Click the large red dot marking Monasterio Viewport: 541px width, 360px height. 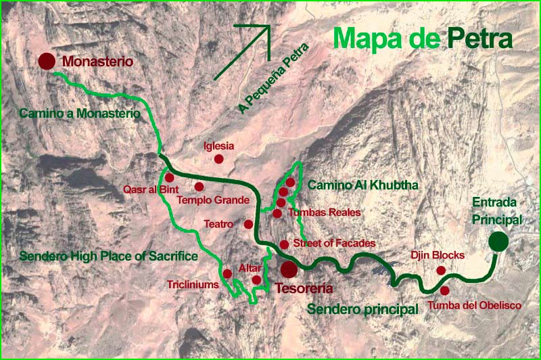(x=47, y=62)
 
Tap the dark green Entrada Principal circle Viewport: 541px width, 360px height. (x=499, y=241)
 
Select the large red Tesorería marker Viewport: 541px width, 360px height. (x=289, y=269)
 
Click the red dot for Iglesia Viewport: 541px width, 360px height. (x=218, y=159)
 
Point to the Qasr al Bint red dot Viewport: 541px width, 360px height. (x=169, y=177)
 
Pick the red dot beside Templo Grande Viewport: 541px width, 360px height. (x=199, y=186)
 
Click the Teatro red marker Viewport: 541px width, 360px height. (x=248, y=224)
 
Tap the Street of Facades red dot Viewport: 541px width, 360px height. (x=284, y=244)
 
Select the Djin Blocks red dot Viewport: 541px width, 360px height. (x=441, y=270)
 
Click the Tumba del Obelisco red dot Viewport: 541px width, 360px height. (x=444, y=290)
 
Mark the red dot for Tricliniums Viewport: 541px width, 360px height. (x=228, y=274)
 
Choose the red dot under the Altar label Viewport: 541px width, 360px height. (x=256, y=279)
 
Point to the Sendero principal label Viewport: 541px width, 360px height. (x=362, y=309)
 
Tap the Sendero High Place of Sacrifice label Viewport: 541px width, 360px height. (x=108, y=256)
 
